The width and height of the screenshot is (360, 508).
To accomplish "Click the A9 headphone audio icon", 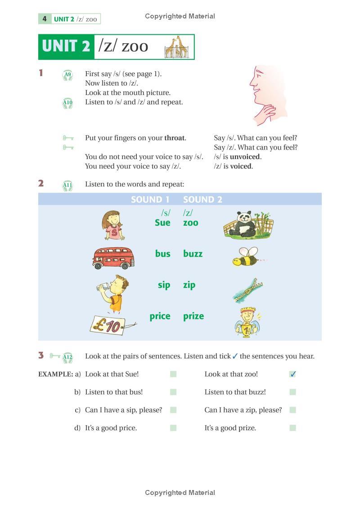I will pyautogui.click(x=67, y=75).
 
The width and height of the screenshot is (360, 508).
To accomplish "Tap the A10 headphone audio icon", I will pyautogui.click(x=67, y=103).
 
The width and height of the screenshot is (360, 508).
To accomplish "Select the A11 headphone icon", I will pyautogui.click(x=67, y=185).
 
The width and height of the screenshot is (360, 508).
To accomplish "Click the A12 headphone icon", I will pyautogui.click(x=67, y=358).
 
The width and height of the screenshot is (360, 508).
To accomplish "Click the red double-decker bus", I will pyautogui.click(x=114, y=257).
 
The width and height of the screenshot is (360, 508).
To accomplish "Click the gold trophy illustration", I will pyautogui.click(x=247, y=323).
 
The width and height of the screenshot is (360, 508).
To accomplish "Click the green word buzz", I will pyautogui.click(x=193, y=254).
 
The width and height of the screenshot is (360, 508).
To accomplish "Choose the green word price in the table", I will pyautogui.click(x=160, y=316).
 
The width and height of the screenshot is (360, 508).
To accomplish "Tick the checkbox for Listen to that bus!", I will pyautogui.click(x=173, y=392).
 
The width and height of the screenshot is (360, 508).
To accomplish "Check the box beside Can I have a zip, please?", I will pyautogui.click(x=293, y=410).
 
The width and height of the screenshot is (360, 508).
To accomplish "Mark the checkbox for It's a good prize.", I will pyautogui.click(x=293, y=428).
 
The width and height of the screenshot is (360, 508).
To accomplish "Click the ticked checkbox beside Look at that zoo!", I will pyautogui.click(x=293, y=374).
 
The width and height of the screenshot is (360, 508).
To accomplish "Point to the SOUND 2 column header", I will pyautogui.click(x=202, y=200).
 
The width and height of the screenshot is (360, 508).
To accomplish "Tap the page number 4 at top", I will pyautogui.click(x=45, y=19).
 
